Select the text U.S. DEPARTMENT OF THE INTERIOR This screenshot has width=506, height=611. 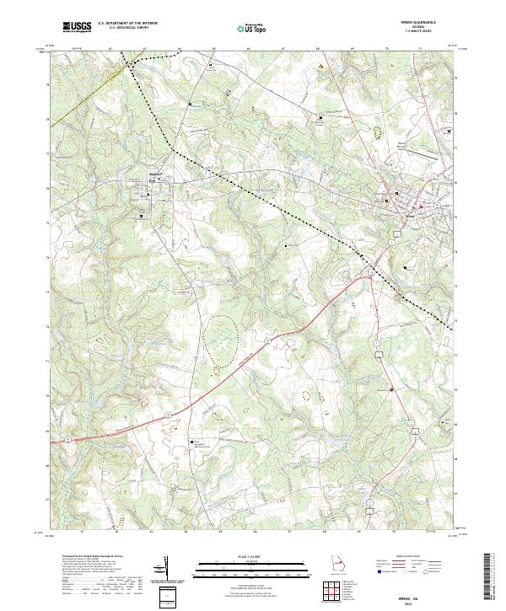click(126, 24)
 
